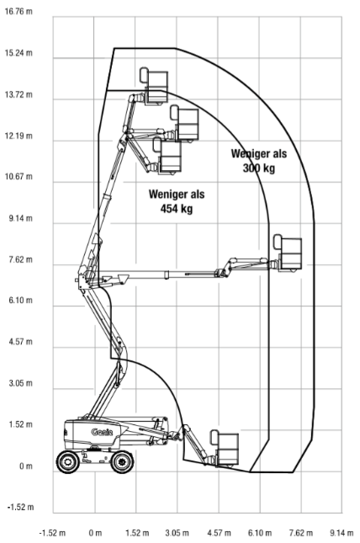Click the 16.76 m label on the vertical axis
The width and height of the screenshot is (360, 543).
tap(19, 12)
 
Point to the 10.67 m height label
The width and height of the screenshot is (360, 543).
tap(19, 177)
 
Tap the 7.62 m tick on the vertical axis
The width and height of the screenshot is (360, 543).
tap(20, 259)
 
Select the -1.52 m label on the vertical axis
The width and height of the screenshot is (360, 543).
tap(20, 507)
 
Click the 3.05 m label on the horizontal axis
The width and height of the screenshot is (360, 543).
tap(177, 533)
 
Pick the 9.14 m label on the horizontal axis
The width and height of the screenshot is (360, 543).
tap(341, 533)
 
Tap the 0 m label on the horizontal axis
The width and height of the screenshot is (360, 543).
tap(95, 533)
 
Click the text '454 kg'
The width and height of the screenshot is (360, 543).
tap(177, 209)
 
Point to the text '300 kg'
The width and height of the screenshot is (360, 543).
tap(259, 168)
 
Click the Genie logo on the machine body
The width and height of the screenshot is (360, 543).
tap(102, 432)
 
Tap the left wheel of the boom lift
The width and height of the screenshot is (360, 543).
tap(68, 461)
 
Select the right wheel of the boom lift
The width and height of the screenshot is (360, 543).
tap(122, 461)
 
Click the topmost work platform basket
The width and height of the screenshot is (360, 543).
tap(154, 86)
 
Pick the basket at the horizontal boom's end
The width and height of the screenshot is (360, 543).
tap(288, 253)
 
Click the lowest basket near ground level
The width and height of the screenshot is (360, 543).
tap(225, 449)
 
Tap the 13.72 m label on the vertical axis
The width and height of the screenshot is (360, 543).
tap(19, 94)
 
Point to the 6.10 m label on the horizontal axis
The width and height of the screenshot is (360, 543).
tap(259, 533)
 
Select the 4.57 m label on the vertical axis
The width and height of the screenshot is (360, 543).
tap(20, 342)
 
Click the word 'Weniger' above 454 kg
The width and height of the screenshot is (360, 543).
tap(167, 194)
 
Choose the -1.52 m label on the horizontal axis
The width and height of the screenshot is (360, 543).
tap(52, 533)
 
